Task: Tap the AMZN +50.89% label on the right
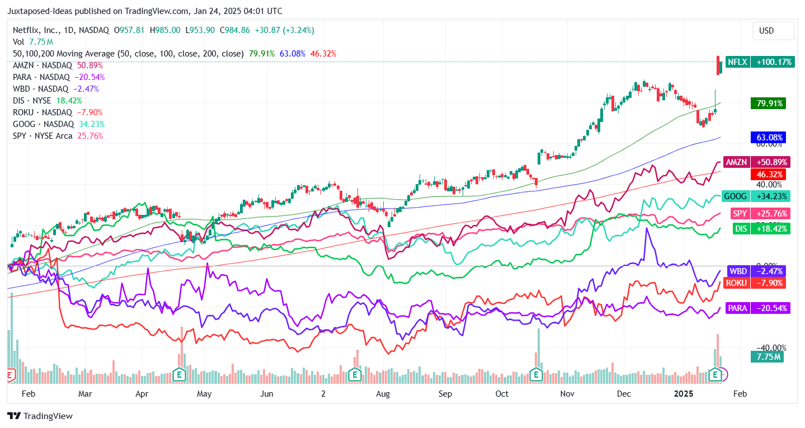[755, 162]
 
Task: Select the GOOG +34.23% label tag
[755, 196]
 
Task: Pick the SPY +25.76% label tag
[755, 213]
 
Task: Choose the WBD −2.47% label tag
[756, 271]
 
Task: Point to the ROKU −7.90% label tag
[755, 283]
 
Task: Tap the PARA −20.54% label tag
[757, 308]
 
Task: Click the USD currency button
[773, 31]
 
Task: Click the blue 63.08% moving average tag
[770, 138]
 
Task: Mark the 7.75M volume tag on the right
[767, 356]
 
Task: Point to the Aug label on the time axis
[383, 394]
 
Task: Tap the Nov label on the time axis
[568, 394]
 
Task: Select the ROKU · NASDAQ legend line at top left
[58, 112]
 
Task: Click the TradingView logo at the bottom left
[40, 416]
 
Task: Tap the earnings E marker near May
[180, 374]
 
